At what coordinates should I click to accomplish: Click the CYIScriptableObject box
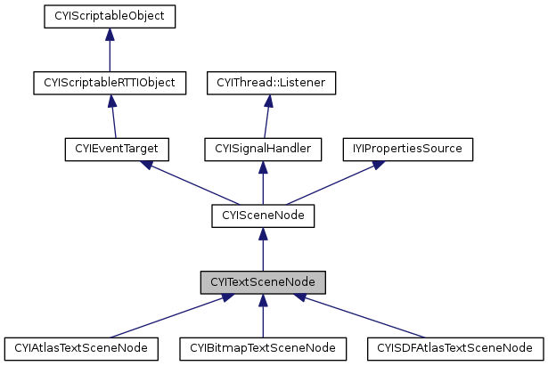point(109,16)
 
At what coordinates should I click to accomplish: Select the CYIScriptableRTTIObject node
point(109,83)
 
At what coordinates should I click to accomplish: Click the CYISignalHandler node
point(262,149)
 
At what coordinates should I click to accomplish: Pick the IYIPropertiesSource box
point(408,149)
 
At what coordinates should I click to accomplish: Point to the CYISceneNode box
point(262,215)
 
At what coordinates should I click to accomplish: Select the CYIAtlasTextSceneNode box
point(82,347)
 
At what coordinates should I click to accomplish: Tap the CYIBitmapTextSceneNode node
point(262,347)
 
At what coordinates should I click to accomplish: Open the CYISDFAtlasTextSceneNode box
point(455,347)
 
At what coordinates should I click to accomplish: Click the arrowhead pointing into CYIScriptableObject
point(109,34)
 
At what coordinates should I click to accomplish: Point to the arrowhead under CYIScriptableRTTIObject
point(109,101)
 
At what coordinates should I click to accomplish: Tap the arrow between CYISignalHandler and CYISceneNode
point(262,182)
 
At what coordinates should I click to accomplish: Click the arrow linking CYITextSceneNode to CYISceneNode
point(262,248)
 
